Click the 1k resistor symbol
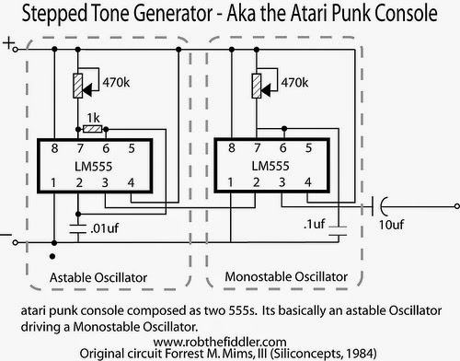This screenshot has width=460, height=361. coord(92,129)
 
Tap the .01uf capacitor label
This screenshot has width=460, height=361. coord(104,228)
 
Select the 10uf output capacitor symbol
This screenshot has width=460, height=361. coord(378,206)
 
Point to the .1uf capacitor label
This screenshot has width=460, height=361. coord(314,224)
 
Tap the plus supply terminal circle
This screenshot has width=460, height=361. coord(16,49)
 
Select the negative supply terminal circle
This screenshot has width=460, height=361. coord(15,242)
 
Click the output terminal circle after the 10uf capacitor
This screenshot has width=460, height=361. coord(457,206)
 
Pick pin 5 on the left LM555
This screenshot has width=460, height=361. coord(132,148)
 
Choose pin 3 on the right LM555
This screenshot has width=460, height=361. coord(282,182)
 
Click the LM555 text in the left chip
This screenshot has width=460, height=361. coord(94,167)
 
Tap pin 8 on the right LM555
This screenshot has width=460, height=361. coord(232,148)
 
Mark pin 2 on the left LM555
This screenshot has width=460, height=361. coord(79,182)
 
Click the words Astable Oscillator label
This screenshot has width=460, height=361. coord(98,277)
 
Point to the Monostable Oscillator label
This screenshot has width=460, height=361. coord(286,276)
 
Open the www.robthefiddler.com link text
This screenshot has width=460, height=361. coord(220,342)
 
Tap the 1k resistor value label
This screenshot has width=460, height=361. coord(93,118)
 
